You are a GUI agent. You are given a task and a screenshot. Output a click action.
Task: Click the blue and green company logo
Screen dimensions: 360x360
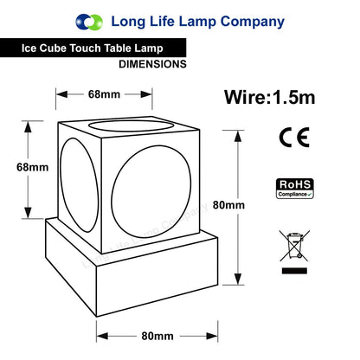[x=89, y=22]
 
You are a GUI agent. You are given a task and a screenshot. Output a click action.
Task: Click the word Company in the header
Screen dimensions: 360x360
[x=253, y=22]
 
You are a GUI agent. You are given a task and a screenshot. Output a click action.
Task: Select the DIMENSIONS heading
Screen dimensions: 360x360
[x=152, y=64]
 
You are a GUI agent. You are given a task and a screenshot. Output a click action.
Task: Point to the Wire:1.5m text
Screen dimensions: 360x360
[x=270, y=97]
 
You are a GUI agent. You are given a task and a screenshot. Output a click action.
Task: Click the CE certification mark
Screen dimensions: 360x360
[x=294, y=138]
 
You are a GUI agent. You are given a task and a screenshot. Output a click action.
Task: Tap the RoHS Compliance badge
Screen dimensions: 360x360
[x=295, y=189]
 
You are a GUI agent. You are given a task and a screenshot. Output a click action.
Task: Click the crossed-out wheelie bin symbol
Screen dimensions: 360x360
[x=294, y=246]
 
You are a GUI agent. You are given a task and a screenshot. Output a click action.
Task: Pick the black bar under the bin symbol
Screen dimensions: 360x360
[x=294, y=271]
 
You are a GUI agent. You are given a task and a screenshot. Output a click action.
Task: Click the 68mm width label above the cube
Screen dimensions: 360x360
[x=104, y=94]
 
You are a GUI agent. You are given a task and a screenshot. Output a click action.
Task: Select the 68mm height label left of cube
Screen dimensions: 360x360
[x=32, y=167]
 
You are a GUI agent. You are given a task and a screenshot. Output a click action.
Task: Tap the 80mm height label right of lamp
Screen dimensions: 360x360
[x=228, y=205]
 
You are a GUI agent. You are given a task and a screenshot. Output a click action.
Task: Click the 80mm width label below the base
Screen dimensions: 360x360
[x=157, y=336]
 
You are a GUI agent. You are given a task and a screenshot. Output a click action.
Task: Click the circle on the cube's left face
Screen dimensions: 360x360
[x=61, y=184]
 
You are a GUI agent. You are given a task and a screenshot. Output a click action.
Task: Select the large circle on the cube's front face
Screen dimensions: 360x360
[x=112, y=192]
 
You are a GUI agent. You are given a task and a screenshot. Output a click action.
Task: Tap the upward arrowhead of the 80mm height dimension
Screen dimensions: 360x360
[x=238, y=136]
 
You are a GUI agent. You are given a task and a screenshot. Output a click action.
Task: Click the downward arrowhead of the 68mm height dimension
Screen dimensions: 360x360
[x=28, y=213]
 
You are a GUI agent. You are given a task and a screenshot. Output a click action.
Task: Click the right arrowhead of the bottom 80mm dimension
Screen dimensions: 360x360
[x=212, y=336]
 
